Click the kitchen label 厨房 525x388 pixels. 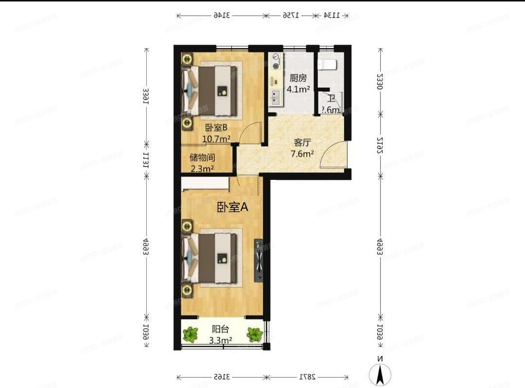pos(298,78)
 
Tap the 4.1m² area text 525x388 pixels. pos(298,89)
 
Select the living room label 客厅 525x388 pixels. pos(302,143)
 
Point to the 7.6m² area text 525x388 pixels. pos(302,154)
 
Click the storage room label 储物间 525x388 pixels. pos(202,158)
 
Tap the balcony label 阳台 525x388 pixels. pos(221,329)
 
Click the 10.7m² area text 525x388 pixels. pos(216,139)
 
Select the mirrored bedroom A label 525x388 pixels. pos(232,207)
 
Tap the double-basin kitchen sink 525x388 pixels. pos(276,97)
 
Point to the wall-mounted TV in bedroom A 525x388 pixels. pos(259,261)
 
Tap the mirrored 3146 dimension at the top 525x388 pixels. pos(221,16)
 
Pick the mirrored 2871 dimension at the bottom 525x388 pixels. pos(307,377)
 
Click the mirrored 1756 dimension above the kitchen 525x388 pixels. pos(290,16)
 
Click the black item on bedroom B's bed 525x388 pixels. pos(222,90)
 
